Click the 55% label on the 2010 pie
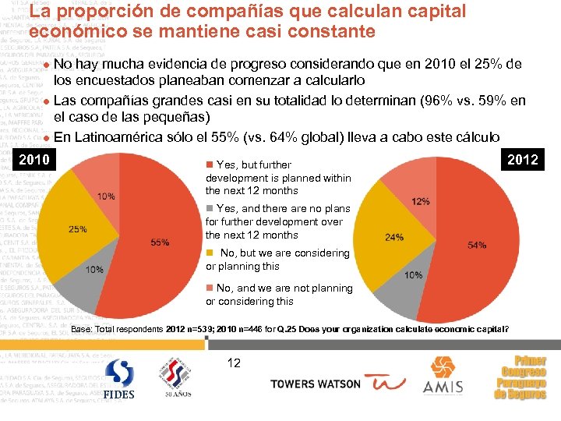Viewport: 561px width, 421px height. (160, 242)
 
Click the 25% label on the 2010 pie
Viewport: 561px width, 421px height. (78, 229)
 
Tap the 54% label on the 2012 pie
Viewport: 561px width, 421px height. (477, 245)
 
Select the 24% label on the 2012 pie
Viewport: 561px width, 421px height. (394, 237)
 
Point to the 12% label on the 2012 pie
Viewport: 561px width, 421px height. (420, 201)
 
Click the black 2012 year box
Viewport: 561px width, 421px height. (522, 159)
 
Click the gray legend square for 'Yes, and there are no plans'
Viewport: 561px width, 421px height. (210, 208)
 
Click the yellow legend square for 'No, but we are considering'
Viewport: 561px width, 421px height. (210, 253)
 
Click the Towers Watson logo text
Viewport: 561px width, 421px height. (315, 384)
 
